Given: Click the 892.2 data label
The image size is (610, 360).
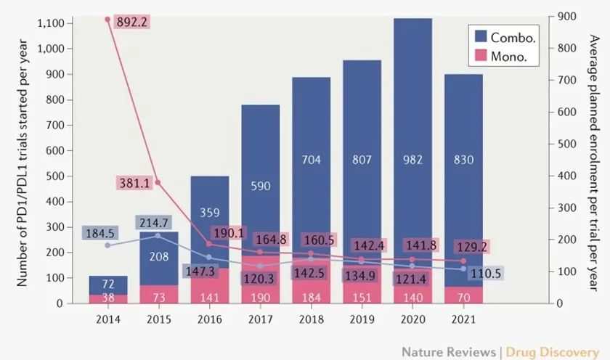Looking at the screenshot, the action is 132,22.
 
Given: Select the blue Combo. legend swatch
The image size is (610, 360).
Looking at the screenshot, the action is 481,36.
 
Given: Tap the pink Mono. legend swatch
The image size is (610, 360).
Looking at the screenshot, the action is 481,55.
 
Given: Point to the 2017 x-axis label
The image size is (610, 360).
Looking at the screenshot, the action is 260,319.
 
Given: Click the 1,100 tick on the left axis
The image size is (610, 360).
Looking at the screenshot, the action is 51,23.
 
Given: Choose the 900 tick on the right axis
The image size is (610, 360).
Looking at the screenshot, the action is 566,16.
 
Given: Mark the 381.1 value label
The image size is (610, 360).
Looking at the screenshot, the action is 134,183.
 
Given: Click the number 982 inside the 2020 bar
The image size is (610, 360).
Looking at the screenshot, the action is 412,160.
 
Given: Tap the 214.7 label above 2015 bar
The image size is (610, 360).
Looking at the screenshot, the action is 154,223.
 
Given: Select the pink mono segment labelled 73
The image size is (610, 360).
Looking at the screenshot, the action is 159,294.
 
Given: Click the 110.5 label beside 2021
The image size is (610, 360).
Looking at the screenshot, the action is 486,274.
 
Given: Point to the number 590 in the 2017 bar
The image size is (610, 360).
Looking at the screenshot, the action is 260,186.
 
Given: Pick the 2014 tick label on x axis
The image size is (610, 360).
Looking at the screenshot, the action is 108,319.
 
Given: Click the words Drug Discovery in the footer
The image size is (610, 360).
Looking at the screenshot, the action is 553,352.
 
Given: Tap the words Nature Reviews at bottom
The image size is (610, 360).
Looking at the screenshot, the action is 449,352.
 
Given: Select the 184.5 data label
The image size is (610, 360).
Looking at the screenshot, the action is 100,233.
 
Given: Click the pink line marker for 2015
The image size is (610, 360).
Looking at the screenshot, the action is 158,182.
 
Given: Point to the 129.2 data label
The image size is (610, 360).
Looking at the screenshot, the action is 472,247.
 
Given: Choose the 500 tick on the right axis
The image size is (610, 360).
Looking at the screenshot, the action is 566,144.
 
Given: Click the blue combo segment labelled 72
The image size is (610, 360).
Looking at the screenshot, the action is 108,285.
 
